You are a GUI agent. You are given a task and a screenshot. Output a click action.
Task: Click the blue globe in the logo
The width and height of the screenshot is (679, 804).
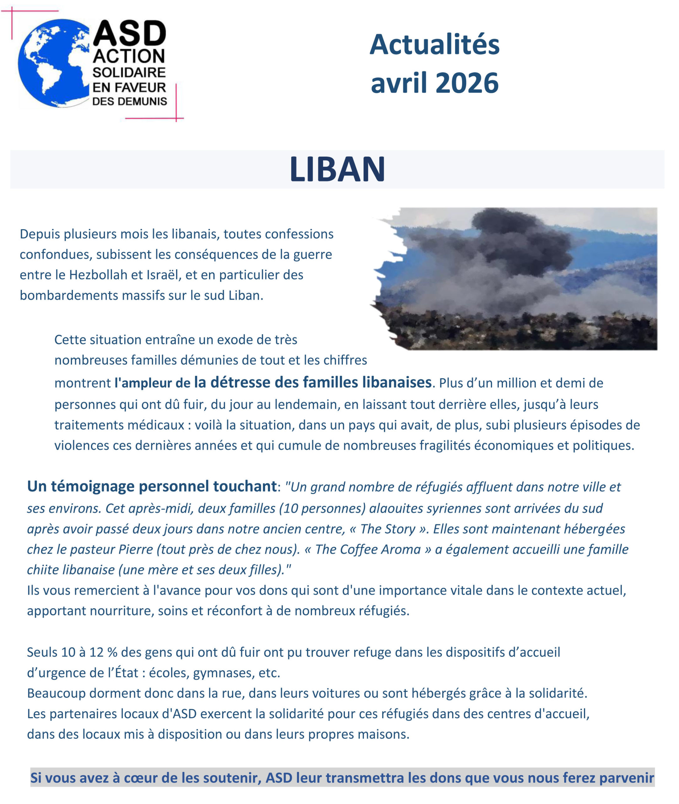(54, 63)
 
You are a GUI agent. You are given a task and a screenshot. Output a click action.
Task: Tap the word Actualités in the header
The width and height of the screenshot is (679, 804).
(434, 45)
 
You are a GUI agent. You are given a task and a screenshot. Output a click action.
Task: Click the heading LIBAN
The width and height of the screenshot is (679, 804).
(337, 169)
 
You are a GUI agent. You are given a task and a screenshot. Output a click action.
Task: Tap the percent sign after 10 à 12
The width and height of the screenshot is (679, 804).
(112, 652)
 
